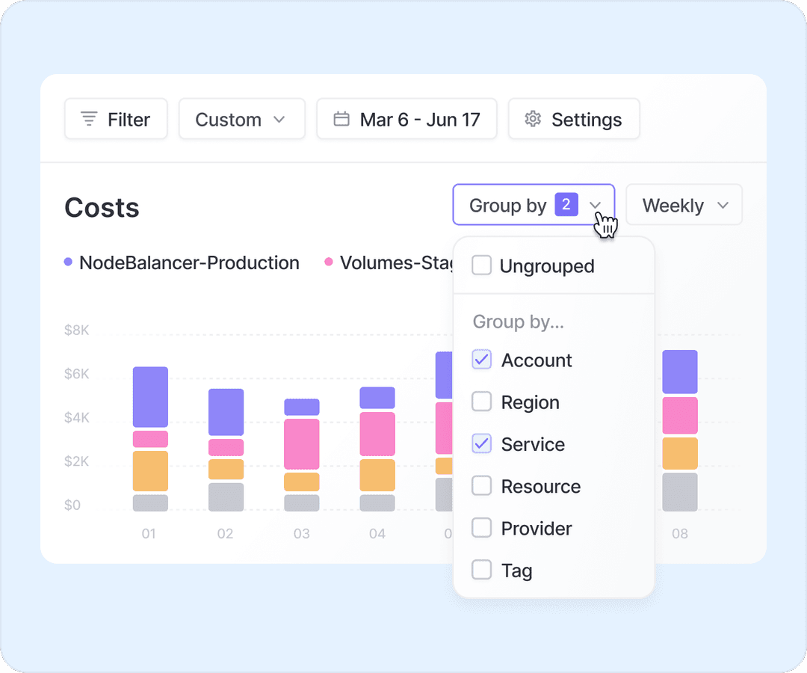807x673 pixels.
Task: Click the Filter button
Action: [116, 119]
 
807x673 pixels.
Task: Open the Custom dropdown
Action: [241, 119]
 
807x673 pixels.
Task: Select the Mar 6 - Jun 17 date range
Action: [406, 119]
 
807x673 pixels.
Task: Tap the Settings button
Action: [573, 119]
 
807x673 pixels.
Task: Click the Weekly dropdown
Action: [684, 205]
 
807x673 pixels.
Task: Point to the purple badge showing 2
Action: [566, 204]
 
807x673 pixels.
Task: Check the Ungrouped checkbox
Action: [482, 265]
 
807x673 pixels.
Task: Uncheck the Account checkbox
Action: [482, 360]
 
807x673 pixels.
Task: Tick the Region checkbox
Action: [482, 402]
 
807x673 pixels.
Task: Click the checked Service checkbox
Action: [482, 444]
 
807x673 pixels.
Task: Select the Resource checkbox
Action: [482, 486]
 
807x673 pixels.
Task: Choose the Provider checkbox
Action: [482, 528]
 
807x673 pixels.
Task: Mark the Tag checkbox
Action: [482, 571]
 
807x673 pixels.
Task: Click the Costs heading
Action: [102, 208]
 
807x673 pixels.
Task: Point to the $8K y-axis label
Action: [76, 330]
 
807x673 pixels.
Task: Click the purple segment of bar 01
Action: [150, 397]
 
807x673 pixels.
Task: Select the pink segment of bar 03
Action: [302, 443]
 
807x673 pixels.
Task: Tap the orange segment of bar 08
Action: [679, 453]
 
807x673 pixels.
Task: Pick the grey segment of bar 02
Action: [226, 497]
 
